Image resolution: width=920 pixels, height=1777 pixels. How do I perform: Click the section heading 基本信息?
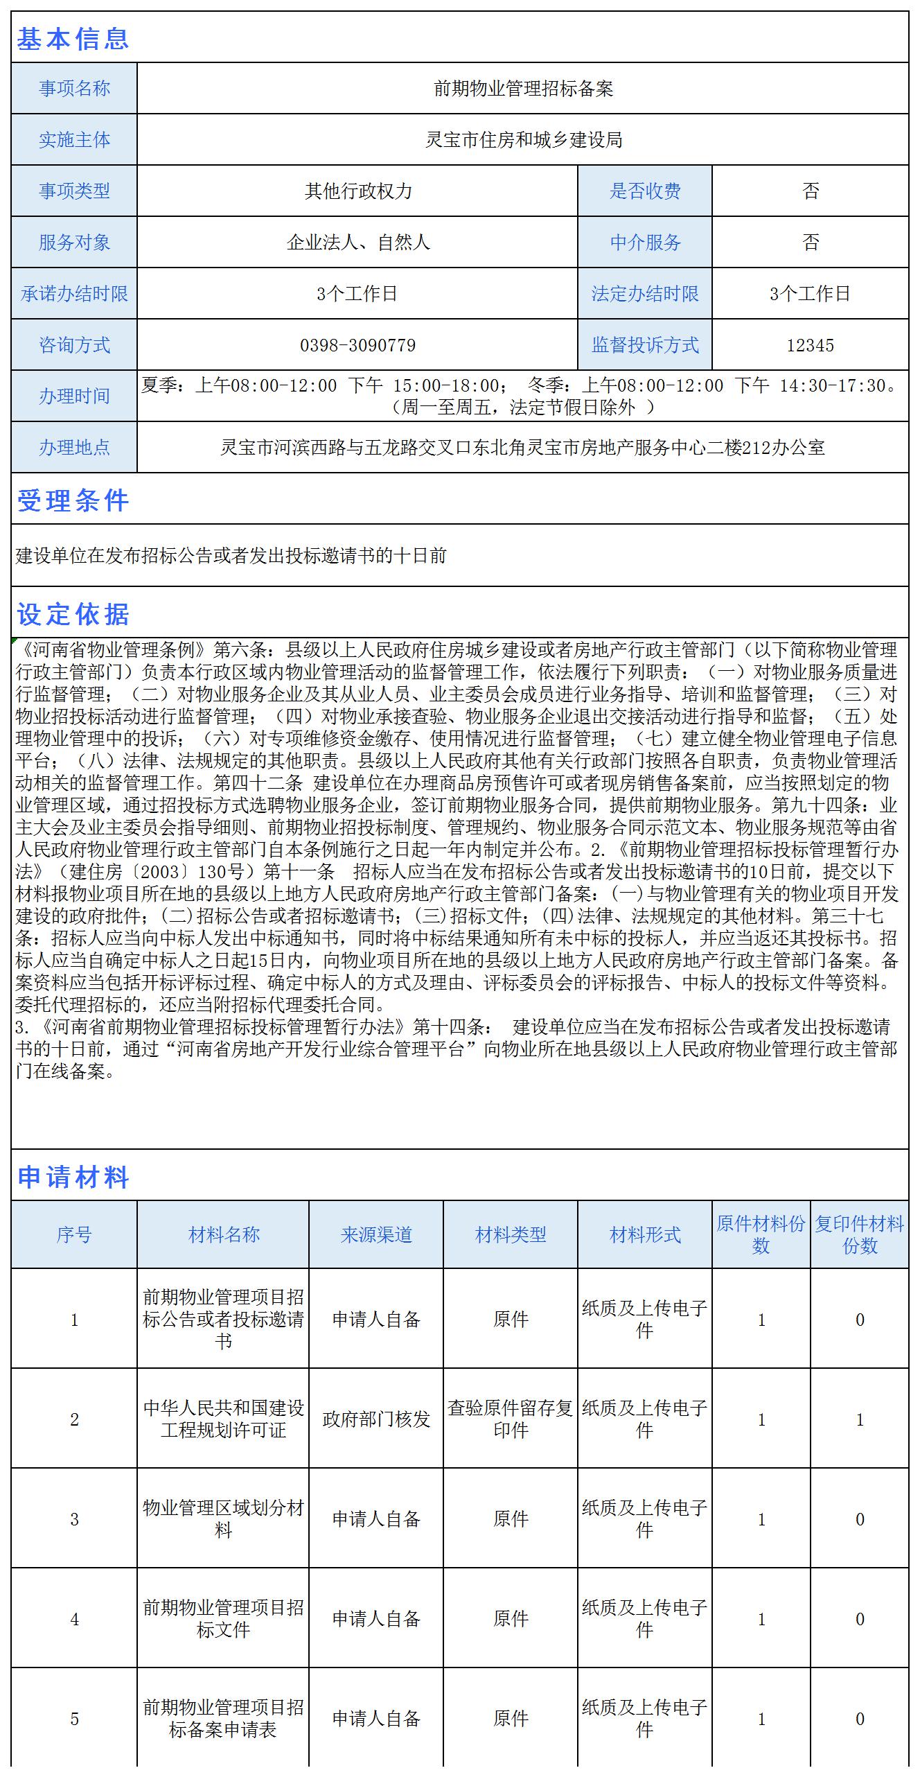pos(73,39)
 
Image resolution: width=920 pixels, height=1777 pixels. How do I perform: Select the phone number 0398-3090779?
pos(357,345)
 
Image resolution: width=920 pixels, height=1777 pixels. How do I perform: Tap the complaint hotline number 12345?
pos(810,345)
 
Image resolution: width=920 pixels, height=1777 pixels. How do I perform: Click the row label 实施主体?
pos(74,140)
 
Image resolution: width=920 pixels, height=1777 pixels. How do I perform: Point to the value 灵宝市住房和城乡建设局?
pos(523,140)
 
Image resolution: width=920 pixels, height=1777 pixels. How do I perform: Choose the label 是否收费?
pos(645,191)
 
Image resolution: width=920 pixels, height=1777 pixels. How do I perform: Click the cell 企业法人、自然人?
pos(357,243)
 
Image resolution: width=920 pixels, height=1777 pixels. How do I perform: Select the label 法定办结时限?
pos(645,294)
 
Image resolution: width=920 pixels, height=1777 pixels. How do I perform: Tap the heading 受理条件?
pos(73,500)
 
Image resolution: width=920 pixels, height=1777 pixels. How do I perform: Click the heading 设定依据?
pos(73,614)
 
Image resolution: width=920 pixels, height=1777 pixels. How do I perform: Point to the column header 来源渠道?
pos(376,1234)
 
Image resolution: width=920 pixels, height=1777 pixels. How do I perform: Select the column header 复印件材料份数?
pos(859,1234)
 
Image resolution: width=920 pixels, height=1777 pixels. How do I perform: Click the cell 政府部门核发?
pos(376,1419)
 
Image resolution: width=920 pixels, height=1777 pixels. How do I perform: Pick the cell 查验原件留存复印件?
pos(511,1419)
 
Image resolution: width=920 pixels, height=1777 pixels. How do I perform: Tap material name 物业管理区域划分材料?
pos(223,1519)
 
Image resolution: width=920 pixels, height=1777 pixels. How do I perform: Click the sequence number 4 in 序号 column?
pos(74,1620)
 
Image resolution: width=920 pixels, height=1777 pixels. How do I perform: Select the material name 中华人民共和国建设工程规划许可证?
pos(223,1419)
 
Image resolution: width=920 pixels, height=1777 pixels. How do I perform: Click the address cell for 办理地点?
pos(523,448)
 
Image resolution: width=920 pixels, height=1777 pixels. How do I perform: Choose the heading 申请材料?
pos(73,1177)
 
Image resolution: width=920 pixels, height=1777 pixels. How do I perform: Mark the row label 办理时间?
pos(74,396)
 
